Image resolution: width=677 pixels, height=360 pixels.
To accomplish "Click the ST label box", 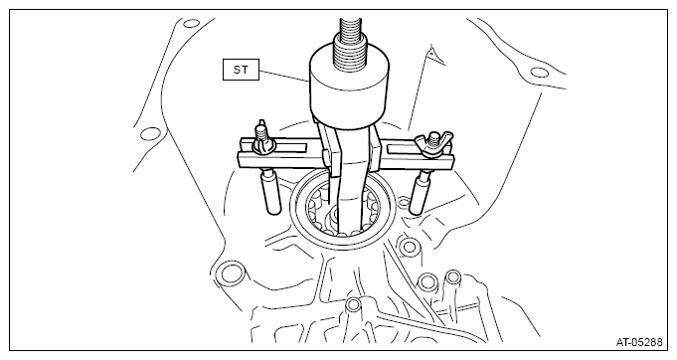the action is coord(241,70).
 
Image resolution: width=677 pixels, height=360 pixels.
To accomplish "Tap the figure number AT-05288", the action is coord(639,342).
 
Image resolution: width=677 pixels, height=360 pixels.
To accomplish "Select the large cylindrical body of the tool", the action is coord(349,86).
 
